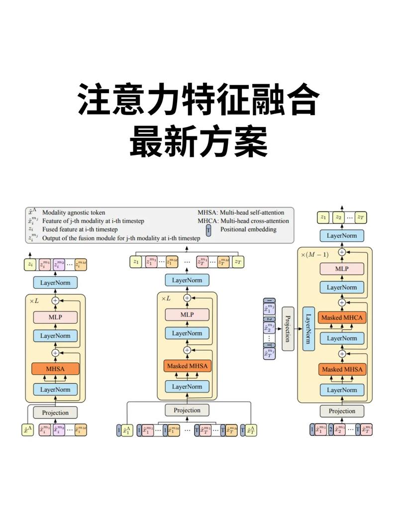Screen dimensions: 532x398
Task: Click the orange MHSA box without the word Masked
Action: [x=55, y=369]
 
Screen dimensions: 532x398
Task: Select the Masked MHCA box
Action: [x=342, y=318]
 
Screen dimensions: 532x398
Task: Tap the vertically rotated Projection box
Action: [x=288, y=329]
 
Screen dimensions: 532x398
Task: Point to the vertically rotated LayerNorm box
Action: [x=308, y=329]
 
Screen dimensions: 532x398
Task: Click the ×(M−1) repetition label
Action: [x=314, y=255]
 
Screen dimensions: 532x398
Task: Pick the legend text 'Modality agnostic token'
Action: [x=74, y=213]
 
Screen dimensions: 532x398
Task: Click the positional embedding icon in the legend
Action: [x=209, y=229]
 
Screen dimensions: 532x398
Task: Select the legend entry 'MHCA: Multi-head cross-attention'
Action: [x=243, y=221]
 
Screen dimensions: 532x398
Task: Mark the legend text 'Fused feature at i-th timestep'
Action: [x=80, y=229]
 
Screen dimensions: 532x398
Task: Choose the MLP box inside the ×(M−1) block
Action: [x=342, y=269]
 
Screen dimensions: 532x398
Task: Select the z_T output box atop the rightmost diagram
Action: [x=360, y=217]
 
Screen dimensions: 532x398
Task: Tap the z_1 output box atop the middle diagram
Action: [x=136, y=261]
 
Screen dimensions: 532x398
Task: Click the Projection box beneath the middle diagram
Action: [x=187, y=411]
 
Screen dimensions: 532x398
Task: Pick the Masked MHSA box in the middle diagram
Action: [x=187, y=366]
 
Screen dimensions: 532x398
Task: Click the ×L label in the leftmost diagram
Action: [x=33, y=301]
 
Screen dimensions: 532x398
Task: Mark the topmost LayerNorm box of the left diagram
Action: [x=55, y=283]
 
